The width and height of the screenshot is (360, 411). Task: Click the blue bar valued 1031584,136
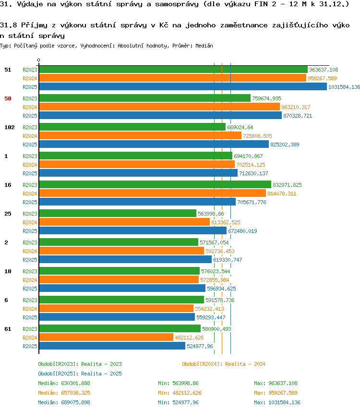pyautogui.click(x=183, y=87)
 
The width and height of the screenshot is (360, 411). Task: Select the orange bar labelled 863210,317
pyautogui.click(x=159, y=107)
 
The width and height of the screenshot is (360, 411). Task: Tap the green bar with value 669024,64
pyautogui.click(x=132, y=127)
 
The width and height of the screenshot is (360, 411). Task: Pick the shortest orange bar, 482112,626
pyautogui.click(x=106, y=338)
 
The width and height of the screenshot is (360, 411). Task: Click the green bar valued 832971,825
pyautogui.click(x=155, y=185)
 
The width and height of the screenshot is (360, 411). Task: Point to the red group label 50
pyautogui.click(x=8, y=98)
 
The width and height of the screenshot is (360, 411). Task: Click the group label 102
pyautogui.click(x=10, y=127)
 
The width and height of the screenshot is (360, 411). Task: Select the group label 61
pyautogui.click(x=8, y=329)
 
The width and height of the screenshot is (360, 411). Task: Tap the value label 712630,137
pyautogui.click(x=253, y=173)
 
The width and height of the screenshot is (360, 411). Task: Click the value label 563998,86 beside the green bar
pyautogui.click(x=211, y=214)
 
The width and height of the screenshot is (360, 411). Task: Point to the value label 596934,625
pyautogui.click(x=221, y=289)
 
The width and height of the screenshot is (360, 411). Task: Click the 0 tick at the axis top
pyautogui.click(x=38, y=60)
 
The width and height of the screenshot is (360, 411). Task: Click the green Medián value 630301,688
pyautogui.click(x=75, y=384)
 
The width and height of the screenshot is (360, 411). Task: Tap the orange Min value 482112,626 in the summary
pyautogui.click(x=187, y=393)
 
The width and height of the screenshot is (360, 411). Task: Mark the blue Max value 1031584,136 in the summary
pyautogui.click(x=284, y=403)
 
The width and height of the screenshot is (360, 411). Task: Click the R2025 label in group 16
pyautogui.click(x=30, y=202)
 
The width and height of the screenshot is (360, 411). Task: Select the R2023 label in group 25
pyautogui.click(x=30, y=214)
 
